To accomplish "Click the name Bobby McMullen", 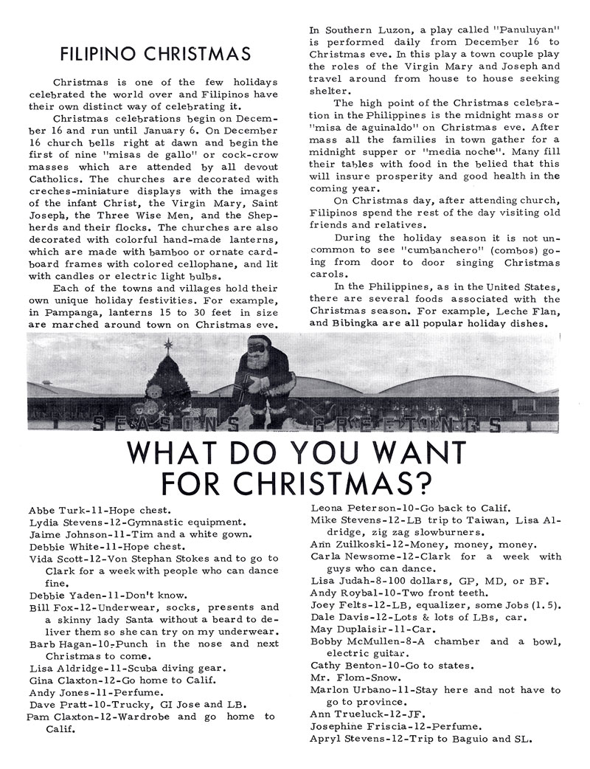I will pos(356,641).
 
